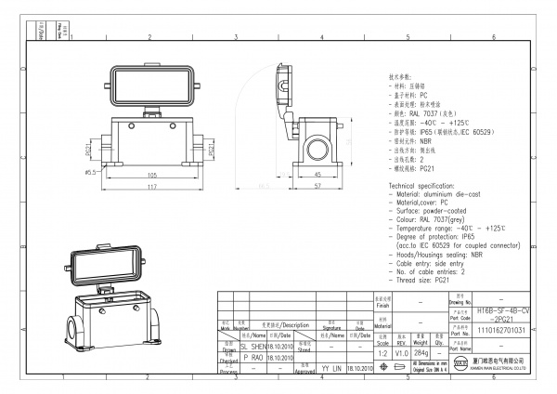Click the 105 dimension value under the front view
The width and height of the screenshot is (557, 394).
click(x=151, y=174)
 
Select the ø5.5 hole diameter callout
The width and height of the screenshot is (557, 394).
click(x=91, y=172)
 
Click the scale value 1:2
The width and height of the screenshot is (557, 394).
click(x=381, y=354)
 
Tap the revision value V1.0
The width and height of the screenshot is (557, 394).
click(x=401, y=354)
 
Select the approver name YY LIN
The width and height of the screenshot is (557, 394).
click(x=331, y=368)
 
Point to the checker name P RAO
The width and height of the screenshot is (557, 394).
click(x=253, y=357)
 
